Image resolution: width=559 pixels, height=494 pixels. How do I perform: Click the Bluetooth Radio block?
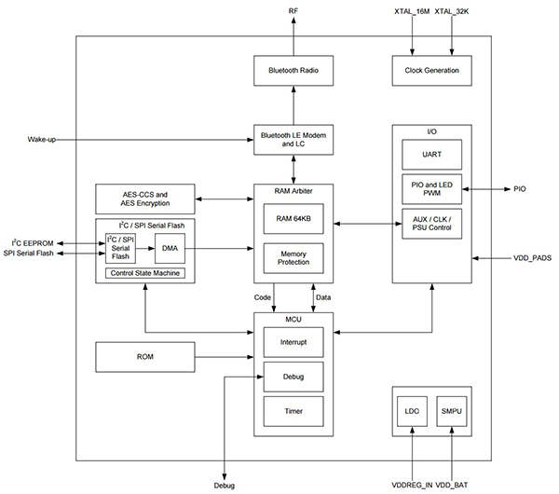[293, 70]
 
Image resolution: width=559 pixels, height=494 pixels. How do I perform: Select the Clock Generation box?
[431, 70]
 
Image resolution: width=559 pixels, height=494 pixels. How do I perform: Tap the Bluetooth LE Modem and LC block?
[293, 139]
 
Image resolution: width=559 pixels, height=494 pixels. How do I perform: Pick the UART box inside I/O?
[432, 153]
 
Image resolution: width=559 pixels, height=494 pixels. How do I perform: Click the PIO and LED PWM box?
[432, 188]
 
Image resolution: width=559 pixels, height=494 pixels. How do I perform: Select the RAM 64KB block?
[293, 218]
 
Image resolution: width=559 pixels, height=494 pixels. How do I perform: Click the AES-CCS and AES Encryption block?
[145, 199]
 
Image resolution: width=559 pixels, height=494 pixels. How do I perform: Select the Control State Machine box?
[144, 273]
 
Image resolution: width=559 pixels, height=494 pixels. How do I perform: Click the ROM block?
[145, 355]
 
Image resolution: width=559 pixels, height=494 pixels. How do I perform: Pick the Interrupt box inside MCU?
[293, 343]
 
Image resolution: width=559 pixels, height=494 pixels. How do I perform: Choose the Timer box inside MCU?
[293, 410]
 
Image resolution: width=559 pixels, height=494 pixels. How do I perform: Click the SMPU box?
[452, 410]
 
